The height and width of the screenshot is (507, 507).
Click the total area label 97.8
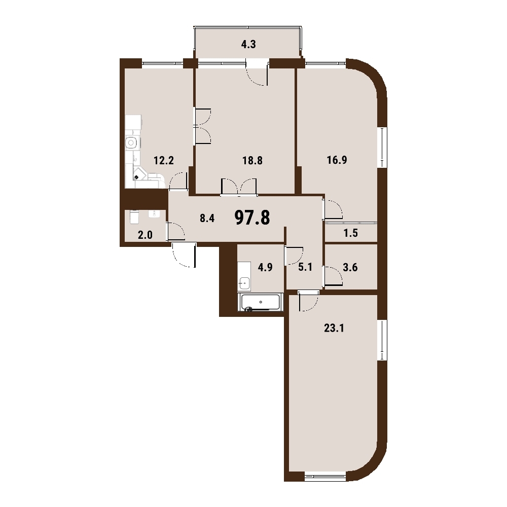point(252,218)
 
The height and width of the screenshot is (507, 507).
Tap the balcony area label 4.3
point(248,44)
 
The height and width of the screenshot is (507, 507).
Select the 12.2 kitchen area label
point(164,160)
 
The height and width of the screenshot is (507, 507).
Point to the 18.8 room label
point(252,160)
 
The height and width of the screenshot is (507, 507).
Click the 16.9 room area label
point(337,160)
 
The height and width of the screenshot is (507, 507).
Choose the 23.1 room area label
point(334,328)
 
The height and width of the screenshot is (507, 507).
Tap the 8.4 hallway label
point(207,218)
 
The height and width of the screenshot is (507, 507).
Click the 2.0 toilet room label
point(145,235)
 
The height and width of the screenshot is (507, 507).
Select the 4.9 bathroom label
point(265,267)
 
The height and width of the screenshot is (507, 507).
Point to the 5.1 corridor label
point(305,267)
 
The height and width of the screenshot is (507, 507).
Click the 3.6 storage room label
point(350,267)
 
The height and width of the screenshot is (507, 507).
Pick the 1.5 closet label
point(350,233)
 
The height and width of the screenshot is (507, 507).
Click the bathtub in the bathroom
point(261,302)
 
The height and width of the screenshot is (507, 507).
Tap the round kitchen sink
point(131,142)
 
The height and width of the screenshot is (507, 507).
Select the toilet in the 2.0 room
point(134,217)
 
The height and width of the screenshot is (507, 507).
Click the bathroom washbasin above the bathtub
point(244,283)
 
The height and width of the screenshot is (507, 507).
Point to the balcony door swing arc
point(257,77)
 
